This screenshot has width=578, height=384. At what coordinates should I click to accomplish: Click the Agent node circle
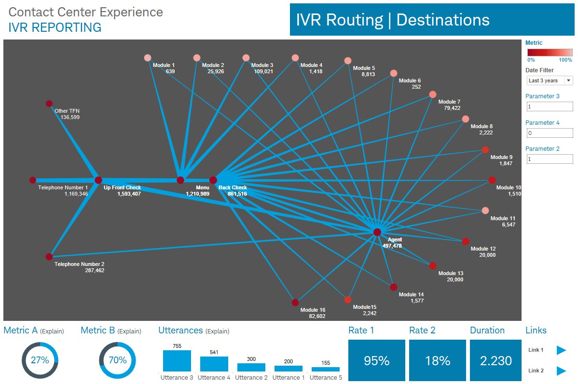point(377,232)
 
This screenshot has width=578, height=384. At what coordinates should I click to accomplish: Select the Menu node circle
point(180,180)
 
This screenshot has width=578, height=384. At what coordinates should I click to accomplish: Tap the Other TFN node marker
point(49,104)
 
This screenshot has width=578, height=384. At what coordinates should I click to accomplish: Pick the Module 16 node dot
point(295,303)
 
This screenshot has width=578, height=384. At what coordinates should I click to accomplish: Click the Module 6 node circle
point(394,73)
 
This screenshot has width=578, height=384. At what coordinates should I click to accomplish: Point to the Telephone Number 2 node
point(49,257)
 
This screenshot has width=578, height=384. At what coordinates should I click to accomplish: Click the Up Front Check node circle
point(98,180)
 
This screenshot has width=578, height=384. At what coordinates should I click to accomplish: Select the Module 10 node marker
point(492,180)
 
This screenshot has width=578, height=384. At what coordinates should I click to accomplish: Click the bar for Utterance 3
point(177,361)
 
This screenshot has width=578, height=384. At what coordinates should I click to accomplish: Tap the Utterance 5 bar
point(326,369)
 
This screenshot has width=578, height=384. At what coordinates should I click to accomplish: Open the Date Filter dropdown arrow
point(568,80)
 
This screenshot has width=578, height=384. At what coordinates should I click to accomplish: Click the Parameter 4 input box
point(550,133)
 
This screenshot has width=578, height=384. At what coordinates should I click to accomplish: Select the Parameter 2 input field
point(550,159)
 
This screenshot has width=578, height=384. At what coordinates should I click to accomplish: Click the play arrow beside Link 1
point(561,350)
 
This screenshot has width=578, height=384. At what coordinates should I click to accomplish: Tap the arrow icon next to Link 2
point(561,371)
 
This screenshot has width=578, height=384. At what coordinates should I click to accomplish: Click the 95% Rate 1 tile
point(377,360)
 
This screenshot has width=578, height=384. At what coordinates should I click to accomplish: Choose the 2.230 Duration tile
point(495,360)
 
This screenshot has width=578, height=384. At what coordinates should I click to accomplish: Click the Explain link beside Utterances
point(218,331)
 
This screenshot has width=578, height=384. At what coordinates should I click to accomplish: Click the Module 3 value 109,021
point(263,71)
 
